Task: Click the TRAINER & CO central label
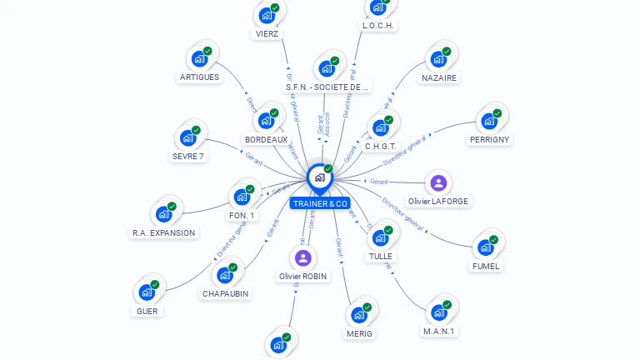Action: pyautogui.click(x=320, y=203)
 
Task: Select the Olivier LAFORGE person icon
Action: pyautogui.click(x=438, y=183)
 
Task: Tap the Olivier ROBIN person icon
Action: pyautogui.click(x=302, y=258)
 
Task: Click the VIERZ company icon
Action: pyautogui.click(x=267, y=15)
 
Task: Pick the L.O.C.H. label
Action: pyautogui.click(x=378, y=26)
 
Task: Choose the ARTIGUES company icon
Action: pyautogui.click(x=199, y=58)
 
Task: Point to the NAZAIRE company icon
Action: pyautogui.click(x=438, y=59)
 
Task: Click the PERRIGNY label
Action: pyautogui.click(x=489, y=139)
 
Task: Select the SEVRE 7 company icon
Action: pyautogui.click(x=187, y=137)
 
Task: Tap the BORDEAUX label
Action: pyautogui.click(x=266, y=139)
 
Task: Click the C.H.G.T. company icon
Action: pyautogui.click(x=380, y=127)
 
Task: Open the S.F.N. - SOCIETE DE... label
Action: pyautogui.click(x=327, y=87)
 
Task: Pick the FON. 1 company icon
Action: pyautogui.click(x=242, y=197)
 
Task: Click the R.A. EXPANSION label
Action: pyautogui.click(x=163, y=233)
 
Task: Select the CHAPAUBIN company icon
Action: pyautogui.click(x=225, y=275)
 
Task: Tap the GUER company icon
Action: pyautogui.click(x=147, y=292)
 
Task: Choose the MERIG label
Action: pyautogui.click(x=359, y=333)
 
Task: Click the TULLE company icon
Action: pyautogui.click(x=380, y=237)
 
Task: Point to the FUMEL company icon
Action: pyautogui.click(x=486, y=247)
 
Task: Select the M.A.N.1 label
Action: pyautogui.click(x=439, y=331)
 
